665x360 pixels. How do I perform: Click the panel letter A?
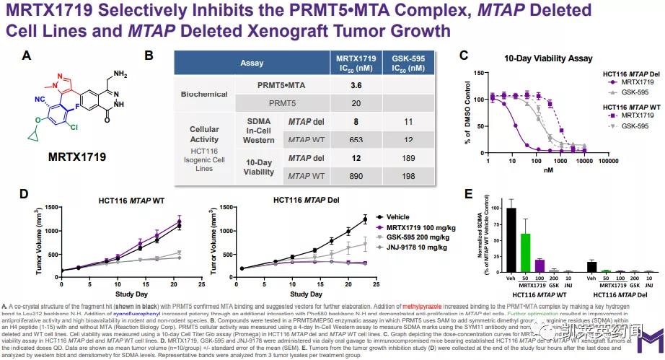coord(26,55)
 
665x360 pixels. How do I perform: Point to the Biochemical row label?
coord(184,95)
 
